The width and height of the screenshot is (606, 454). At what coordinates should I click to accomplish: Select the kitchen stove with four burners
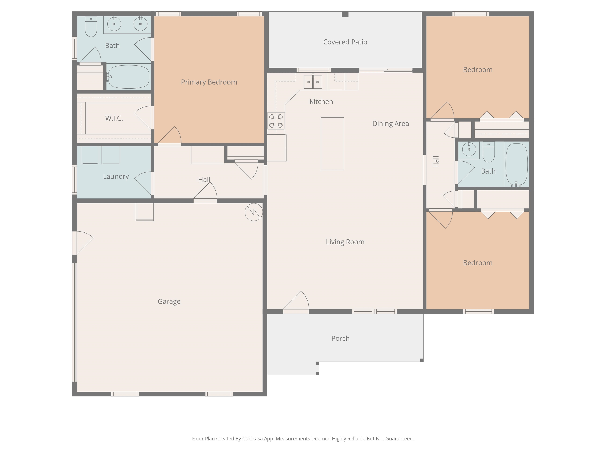(x=276, y=121)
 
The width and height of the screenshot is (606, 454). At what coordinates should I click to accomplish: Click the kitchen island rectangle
(x=332, y=144)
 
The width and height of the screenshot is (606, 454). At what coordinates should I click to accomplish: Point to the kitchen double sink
(x=313, y=82)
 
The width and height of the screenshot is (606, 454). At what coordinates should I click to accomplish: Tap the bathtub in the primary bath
(x=128, y=77)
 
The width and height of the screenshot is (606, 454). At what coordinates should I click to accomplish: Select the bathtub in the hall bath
(x=516, y=165)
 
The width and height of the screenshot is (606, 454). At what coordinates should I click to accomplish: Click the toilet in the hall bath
(x=488, y=152)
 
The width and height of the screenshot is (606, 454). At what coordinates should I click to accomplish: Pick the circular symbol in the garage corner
(x=254, y=212)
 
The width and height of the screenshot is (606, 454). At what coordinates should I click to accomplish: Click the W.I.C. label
(x=114, y=118)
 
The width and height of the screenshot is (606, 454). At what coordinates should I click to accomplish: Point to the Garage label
(x=169, y=301)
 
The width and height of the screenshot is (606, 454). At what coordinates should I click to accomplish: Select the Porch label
(x=340, y=339)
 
